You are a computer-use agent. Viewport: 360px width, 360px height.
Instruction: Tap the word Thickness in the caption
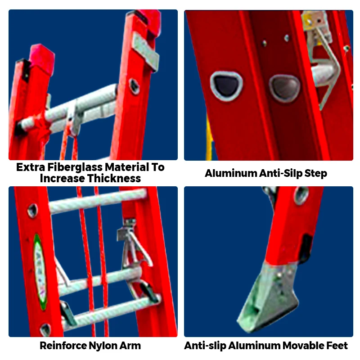(114, 178)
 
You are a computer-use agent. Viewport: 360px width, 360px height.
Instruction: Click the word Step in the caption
(315, 173)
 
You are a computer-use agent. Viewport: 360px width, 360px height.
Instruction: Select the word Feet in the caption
(338, 346)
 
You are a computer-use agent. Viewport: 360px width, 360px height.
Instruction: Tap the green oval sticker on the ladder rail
(40, 270)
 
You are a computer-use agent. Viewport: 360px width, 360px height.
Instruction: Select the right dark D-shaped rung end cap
(284, 87)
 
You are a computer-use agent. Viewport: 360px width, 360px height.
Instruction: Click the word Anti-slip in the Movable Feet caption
(205, 346)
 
